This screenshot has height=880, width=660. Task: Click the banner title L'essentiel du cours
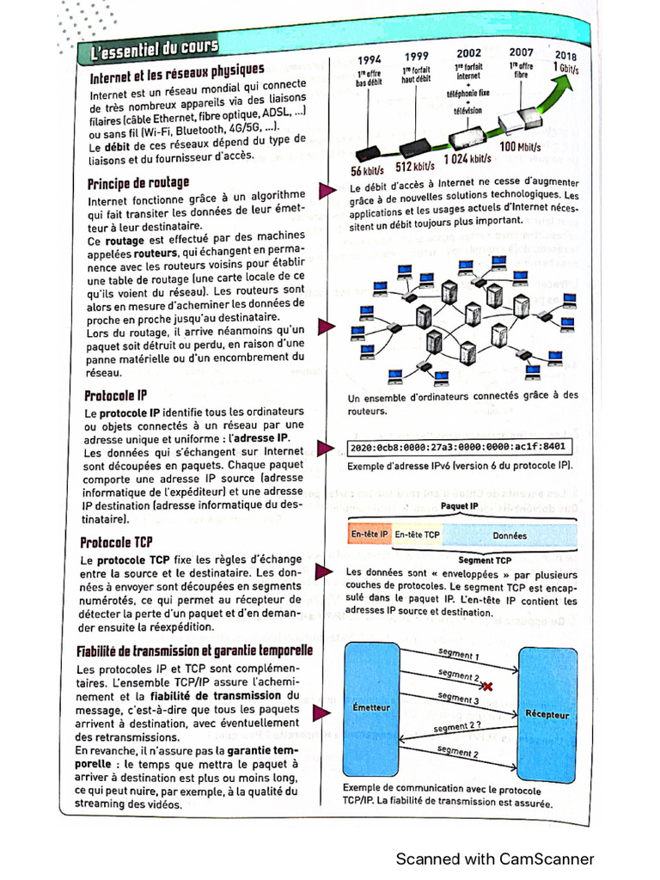click(x=156, y=48)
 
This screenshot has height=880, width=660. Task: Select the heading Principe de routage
click(x=137, y=183)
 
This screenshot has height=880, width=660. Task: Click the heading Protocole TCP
click(x=116, y=542)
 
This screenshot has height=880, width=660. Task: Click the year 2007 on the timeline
click(x=521, y=52)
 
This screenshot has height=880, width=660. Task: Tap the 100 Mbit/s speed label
click(x=520, y=147)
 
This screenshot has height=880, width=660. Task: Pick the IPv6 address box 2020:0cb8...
click(x=458, y=447)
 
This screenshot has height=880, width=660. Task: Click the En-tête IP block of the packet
click(x=370, y=535)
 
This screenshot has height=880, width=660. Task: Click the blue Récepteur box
click(x=547, y=714)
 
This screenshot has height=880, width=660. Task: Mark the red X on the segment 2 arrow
click(x=487, y=686)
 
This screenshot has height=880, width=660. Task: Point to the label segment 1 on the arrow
click(x=458, y=655)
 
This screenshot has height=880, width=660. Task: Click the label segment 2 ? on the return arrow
click(x=459, y=727)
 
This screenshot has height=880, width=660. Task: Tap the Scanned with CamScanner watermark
click(x=494, y=859)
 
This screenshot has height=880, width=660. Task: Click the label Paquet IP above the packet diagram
click(x=459, y=506)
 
